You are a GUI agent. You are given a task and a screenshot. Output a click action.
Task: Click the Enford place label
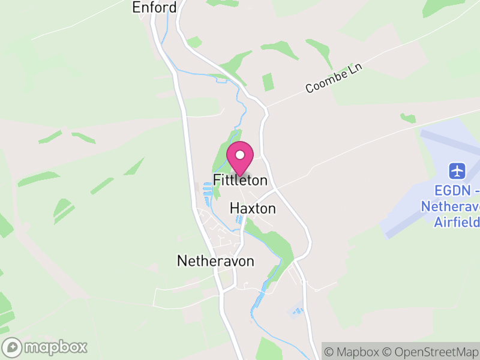coord(154,8)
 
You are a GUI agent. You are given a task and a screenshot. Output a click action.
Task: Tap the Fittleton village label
coord(240,180)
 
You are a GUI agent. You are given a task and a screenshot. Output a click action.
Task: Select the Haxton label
coord(253,209)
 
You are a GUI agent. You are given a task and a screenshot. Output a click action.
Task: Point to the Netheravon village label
coord(215,261)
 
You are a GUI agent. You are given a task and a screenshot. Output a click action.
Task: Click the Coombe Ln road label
coord(335,79)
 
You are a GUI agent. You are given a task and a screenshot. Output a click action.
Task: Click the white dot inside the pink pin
coord(240,155)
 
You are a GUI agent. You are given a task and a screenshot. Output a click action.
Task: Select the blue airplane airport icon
coord(457,170)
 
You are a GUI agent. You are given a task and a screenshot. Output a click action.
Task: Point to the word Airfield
coord(457,222)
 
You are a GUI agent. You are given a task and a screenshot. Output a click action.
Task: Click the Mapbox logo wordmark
coord(55,347)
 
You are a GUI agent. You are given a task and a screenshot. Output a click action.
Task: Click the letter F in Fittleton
coord(217,180)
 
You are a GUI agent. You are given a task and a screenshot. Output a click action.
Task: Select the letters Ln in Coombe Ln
coord(358,69)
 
